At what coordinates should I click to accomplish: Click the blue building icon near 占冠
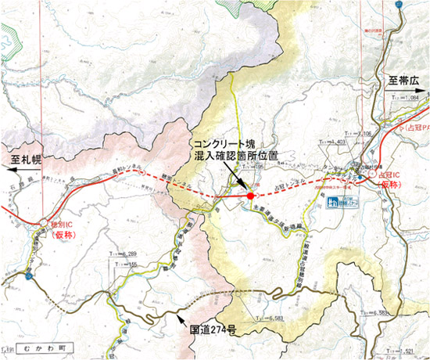pyautogui.click(x=331, y=203)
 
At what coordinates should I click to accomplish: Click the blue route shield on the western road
pyautogui.click(x=29, y=275)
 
